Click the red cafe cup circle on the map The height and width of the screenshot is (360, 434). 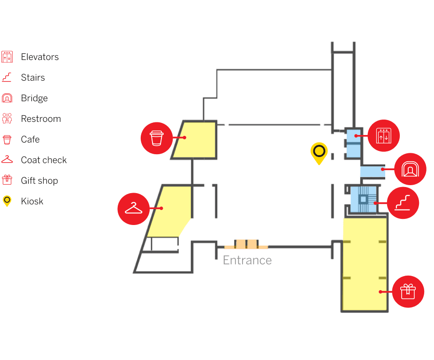(157, 138)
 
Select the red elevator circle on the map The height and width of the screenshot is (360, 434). (384, 136)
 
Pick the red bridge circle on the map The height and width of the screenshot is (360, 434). (411, 169)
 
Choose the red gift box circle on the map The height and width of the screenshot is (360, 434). (408, 292)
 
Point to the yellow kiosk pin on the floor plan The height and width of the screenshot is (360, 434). (319, 152)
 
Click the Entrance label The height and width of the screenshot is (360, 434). (247, 260)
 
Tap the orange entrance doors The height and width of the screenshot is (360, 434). (246, 244)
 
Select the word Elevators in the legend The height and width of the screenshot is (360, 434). (40, 57)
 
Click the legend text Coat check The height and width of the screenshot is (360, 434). (44, 160)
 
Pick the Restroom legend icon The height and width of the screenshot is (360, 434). (7, 119)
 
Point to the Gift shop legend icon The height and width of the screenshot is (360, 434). (7, 180)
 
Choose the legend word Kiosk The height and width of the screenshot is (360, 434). (32, 202)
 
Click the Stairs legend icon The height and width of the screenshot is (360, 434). (7, 77)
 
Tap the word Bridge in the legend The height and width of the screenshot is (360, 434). (34, 98)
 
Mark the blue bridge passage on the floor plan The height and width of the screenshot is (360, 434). (373, 171)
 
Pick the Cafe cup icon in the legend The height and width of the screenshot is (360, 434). (7, 139)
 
